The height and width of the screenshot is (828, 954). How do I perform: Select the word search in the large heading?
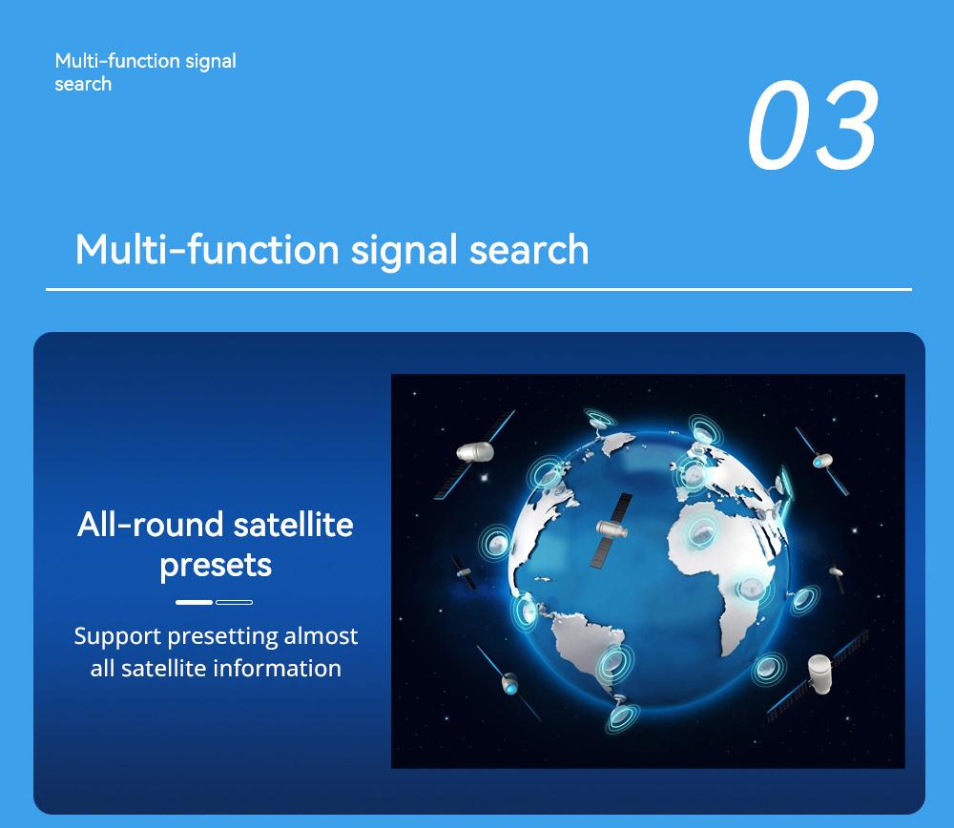click(x=529, y=250)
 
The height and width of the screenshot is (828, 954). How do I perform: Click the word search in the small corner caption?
click(x=83, y=84)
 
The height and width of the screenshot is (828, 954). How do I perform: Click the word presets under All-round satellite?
click(x=216, y=565)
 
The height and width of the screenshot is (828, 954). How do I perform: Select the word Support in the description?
click(x=117, y=636)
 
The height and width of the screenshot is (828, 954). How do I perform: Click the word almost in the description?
click(x=321, y=636)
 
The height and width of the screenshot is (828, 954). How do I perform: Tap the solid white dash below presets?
click(x=194, y=602)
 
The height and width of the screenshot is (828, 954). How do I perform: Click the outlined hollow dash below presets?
click(x=235, y=602)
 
